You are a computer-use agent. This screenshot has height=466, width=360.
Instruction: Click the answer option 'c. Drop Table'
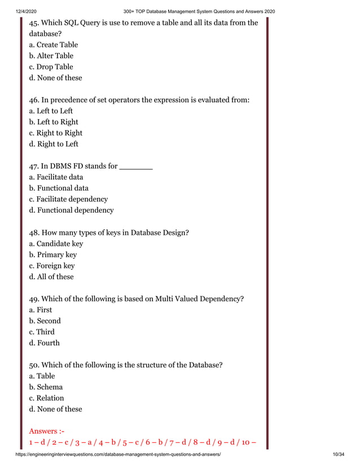51,67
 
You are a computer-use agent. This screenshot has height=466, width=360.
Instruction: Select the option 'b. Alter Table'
51,56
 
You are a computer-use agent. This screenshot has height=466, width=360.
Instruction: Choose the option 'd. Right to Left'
54,144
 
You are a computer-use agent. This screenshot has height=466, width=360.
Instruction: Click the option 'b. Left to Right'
54,122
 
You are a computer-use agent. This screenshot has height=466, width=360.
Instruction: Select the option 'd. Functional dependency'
71,210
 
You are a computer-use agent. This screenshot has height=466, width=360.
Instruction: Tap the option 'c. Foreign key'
52,266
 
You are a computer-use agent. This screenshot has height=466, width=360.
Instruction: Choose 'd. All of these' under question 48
51,277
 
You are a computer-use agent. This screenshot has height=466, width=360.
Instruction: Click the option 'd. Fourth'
44,343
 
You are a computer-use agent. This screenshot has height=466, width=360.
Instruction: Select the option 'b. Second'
45,321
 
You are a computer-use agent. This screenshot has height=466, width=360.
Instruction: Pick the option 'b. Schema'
46,387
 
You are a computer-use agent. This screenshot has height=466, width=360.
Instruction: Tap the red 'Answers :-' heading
46,432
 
